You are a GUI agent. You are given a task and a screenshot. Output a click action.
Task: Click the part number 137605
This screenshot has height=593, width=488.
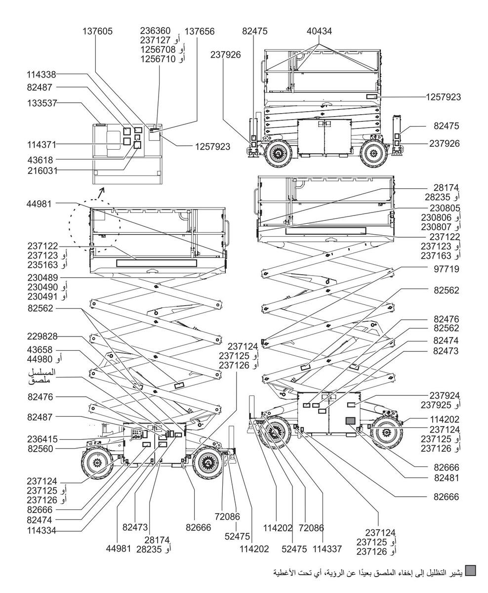tap(97, 31)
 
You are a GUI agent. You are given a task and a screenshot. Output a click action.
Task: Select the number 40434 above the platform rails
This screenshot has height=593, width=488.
tap(319, 31)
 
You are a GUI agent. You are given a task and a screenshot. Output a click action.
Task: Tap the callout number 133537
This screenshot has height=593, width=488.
tap(42, 103)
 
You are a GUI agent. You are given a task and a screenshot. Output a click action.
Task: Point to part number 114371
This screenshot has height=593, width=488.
tap(41, 144)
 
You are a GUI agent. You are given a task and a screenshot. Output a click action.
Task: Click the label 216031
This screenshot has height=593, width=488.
tap(42, 170)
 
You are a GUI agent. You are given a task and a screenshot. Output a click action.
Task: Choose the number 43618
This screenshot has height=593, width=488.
tap(40, 160)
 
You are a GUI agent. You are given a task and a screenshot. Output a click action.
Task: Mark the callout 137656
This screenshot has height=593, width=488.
tap(200, 31)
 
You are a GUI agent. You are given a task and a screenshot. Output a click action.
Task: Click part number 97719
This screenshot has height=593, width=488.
tap(446, 269)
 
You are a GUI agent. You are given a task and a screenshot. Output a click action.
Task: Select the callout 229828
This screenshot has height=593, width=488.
tap(42, 337)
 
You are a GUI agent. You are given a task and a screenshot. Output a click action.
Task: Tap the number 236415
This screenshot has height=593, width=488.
tap(42, 439)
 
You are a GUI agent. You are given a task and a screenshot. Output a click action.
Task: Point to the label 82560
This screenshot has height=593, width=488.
tap(40, 449)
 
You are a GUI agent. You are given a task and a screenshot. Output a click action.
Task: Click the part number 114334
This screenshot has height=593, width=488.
tap(41, 531)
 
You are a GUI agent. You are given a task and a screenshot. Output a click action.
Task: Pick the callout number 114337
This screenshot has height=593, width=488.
tap(327, 549)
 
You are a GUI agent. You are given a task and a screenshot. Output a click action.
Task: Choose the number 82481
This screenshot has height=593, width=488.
tap(447, 478)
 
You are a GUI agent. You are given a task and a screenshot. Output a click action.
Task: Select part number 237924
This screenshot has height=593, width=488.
tap(445, 396)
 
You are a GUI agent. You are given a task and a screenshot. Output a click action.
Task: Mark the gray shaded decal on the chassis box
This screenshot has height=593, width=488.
tap(350, 421)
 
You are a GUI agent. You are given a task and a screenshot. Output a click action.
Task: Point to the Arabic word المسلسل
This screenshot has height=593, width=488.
tap(42, 372)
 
